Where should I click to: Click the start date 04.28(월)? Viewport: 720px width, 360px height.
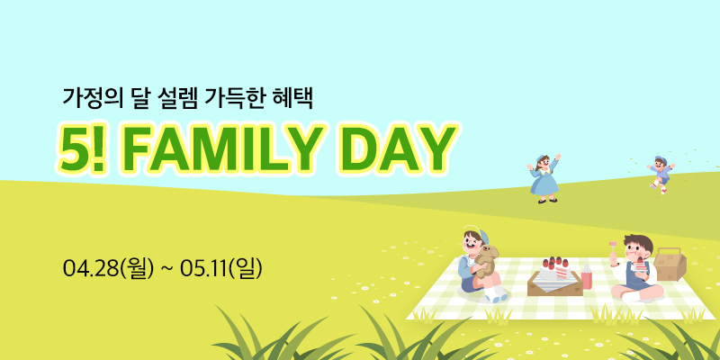(x=108, y=268)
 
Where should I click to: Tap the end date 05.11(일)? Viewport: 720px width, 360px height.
(x=221, y=268)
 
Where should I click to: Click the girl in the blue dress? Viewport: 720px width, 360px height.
(x=544, y=179)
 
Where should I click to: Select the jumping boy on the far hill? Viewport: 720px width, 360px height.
(x=661, y=174)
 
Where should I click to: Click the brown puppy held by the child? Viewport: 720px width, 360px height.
(x=486, y=261)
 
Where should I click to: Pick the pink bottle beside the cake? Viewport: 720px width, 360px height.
(x=587, y=276)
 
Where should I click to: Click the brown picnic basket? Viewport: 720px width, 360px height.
(x=670, y=265)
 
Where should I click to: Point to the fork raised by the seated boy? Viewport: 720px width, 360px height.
(x=613, y=250)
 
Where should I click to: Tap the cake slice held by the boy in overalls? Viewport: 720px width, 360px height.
(x=640, y=265)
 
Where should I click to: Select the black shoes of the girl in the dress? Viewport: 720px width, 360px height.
(x=547, y=201)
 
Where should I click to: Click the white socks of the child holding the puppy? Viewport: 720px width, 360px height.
(x=495, y=294)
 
